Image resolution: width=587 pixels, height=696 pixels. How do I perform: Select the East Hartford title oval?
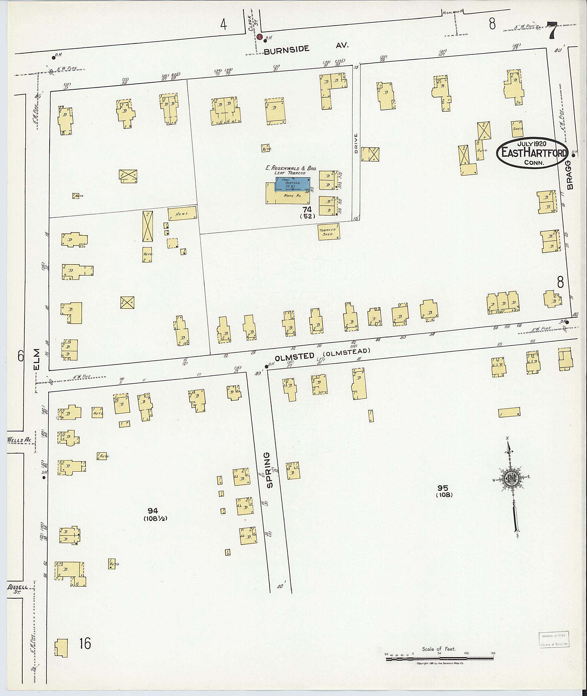pos(532,153)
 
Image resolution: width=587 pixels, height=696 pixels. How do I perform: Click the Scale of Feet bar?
pos(440,658)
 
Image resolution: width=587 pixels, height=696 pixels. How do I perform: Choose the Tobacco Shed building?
pos(328,232)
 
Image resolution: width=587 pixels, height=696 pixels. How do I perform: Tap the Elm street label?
pos(36,359)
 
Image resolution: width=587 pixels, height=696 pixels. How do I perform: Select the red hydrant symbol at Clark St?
pos(260,37)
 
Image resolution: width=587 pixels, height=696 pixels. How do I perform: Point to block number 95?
pos(443,488)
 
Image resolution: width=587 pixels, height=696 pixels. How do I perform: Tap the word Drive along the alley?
pos(355,143)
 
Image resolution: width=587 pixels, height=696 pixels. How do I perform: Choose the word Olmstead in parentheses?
pos(348,351)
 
